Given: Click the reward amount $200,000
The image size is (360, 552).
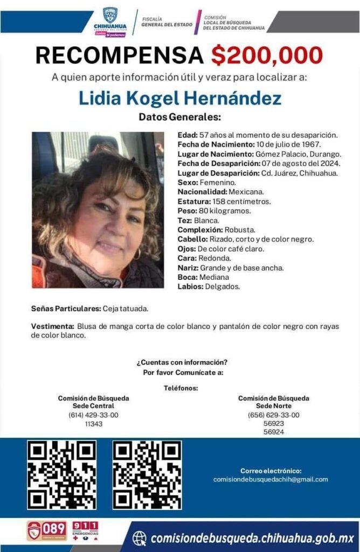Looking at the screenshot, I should (x=267, y=55).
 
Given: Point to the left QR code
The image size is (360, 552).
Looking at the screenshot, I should (x=61, y=475).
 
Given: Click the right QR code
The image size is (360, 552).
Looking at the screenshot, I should (x=147, y=475).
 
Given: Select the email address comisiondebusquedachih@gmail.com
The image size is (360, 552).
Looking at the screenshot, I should (x=271, y=479).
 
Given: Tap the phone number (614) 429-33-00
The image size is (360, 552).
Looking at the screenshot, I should (x=93, y=415).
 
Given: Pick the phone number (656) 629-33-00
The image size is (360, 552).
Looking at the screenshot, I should (x=274, y=415).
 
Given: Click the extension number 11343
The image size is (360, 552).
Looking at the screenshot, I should (x=93, y=424).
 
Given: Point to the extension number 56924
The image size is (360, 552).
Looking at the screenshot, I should (x=274, y=432).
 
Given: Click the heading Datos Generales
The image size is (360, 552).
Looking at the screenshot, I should (x=179, y=117).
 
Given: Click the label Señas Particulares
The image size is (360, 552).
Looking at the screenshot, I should (x=65, y=309).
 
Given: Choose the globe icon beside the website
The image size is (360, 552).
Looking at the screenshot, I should (x=140, y=538).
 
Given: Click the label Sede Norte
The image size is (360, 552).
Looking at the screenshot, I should (x=274, y=406).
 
